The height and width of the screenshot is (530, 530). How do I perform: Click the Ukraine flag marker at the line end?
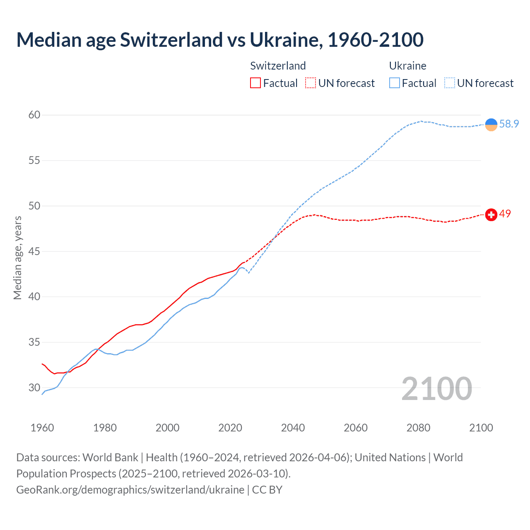(491, 124)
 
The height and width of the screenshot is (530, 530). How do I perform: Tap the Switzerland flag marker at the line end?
(491, 215)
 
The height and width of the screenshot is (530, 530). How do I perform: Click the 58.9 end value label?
(509, 124)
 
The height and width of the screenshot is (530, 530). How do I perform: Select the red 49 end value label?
(505, 214)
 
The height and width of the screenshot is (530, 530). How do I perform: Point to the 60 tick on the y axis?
(34, 115)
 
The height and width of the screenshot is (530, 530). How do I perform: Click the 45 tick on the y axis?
(34, 251)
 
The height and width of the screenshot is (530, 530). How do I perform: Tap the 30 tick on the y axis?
(34, 388)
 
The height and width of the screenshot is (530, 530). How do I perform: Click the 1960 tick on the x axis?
(42, 428)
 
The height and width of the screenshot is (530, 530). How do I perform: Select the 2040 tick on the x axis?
(293, 428)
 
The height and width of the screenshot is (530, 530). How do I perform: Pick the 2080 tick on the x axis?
(418, 428)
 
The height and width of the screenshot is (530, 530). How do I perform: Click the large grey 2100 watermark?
(436, 389)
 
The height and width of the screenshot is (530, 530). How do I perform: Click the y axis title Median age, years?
(17, 258)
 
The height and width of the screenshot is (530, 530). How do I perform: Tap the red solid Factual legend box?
(255, 83)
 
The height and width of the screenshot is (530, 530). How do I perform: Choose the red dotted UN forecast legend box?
(311, 83)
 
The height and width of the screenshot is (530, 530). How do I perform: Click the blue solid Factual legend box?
(395, 83)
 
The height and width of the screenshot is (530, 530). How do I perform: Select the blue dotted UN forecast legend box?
(450, 83)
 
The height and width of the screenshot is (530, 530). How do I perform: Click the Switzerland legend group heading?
(278, 66)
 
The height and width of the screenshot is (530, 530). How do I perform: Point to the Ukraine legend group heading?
(407, 66)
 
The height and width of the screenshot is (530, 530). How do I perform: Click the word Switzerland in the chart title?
(171, 40)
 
